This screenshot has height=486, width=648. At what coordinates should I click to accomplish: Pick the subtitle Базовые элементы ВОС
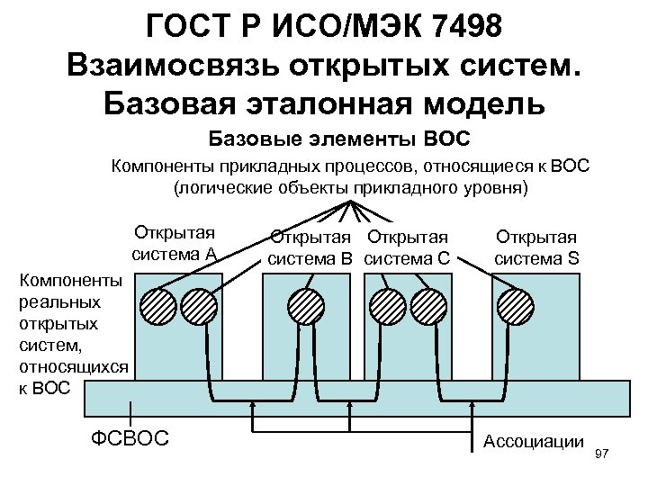pyautogui.click(x=340, y=139)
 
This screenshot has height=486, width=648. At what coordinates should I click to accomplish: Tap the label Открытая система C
pyautogui.click(x=407, y=247)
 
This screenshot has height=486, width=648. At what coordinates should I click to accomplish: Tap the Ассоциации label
pyautogui.click(x=534, y=441)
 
